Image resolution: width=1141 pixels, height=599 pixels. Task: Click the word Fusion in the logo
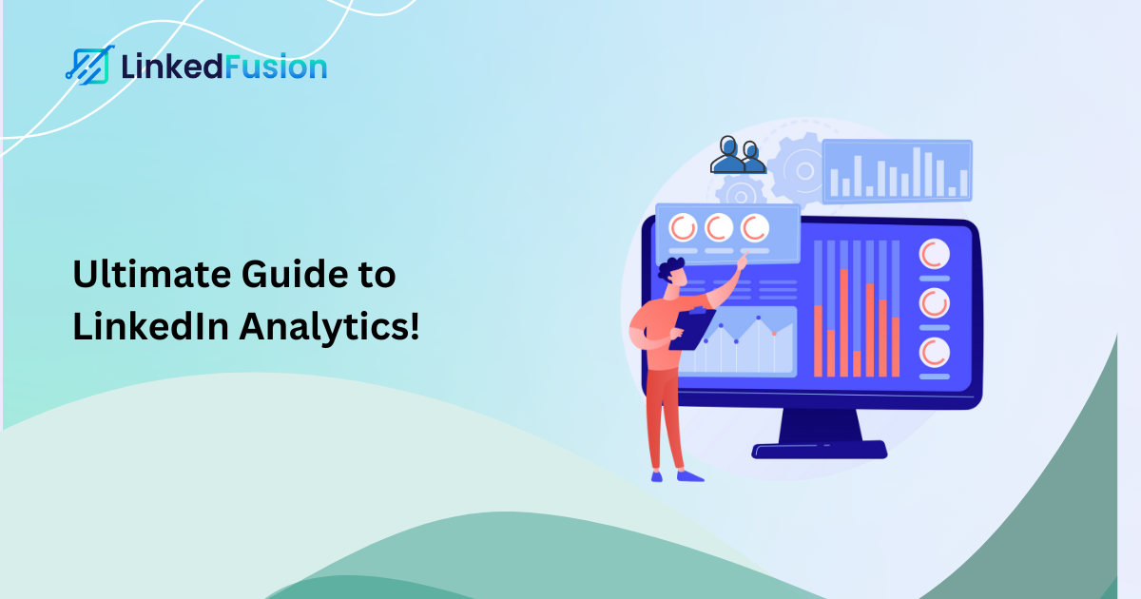click(280, 67)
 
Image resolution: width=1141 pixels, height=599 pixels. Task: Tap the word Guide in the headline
click(296, 277)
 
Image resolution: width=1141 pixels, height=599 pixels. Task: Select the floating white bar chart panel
click(897, 171)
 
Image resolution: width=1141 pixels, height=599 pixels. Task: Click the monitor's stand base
click(819, 450)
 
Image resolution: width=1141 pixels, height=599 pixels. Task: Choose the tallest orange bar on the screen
click(843, 323)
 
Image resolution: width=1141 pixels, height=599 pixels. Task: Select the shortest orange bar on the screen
click(857, 363)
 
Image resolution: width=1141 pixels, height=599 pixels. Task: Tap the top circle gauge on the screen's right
click(934, 254)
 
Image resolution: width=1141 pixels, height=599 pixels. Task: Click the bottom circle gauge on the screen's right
click(934, 352)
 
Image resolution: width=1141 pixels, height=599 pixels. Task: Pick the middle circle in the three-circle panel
click(719, 227)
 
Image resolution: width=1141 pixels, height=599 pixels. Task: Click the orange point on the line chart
click(775, 333)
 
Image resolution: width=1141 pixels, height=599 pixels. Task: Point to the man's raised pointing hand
click(741, 264)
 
